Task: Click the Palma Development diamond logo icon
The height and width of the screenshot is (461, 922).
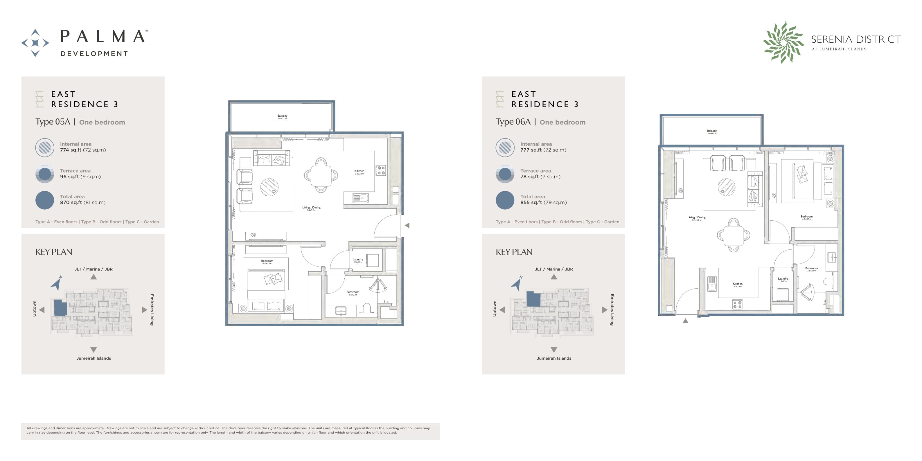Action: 35,43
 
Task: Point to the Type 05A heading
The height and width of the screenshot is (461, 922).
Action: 53,122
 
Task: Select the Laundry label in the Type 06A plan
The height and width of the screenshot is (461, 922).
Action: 783,279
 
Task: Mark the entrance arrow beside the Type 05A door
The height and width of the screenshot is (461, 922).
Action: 407,226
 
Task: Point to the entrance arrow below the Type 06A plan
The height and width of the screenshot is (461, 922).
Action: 685,321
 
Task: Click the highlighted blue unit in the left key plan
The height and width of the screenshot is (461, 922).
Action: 60,307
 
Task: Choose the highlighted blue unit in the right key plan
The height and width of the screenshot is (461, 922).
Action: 533,299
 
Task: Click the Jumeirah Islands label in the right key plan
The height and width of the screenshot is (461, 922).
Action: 554,358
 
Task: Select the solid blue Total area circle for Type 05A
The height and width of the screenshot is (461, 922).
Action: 45,200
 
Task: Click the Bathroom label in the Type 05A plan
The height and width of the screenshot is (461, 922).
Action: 353,292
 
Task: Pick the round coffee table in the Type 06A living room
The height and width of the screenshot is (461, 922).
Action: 726,187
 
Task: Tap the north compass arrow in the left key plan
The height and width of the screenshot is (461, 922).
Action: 57,283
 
